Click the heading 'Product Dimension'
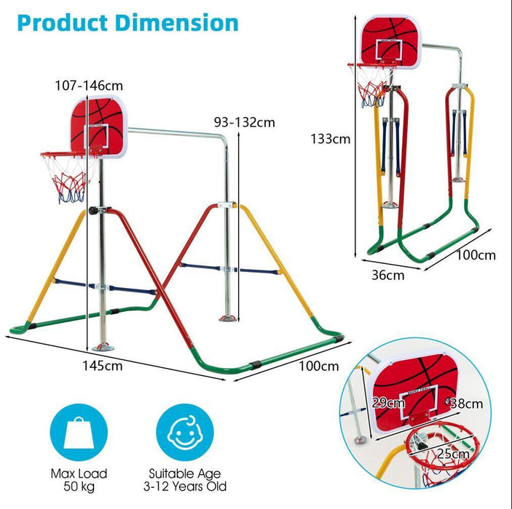(127, 22)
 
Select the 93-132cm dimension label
(243, 121)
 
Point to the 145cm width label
(103, 364)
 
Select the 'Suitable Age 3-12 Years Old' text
(188, 479)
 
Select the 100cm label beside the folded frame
(477, 255)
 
